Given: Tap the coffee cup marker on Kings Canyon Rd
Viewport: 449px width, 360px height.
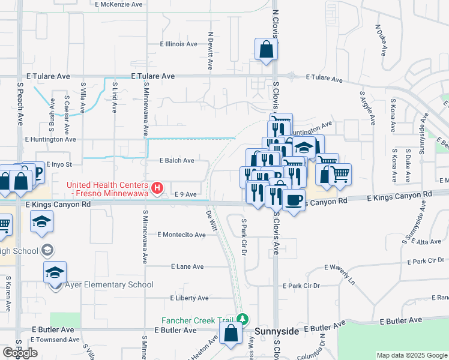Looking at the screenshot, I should [293, 200].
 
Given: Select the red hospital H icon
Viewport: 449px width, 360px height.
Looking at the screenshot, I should [157, 188].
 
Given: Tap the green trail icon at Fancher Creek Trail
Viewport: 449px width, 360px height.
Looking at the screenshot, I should [243, 319].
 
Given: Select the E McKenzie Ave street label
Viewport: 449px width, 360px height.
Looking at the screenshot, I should [119, 4].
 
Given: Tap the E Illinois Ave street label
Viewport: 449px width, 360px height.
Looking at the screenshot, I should [178, 44].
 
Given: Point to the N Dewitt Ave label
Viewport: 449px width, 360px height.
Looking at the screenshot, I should [211, 51].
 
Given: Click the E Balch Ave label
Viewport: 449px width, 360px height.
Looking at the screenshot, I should [176, 161].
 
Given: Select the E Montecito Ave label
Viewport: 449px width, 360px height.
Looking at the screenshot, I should [181, 235].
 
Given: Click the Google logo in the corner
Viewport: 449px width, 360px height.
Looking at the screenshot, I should [20, 353].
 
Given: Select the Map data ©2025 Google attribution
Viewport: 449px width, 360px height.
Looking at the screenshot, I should [412, 355].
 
